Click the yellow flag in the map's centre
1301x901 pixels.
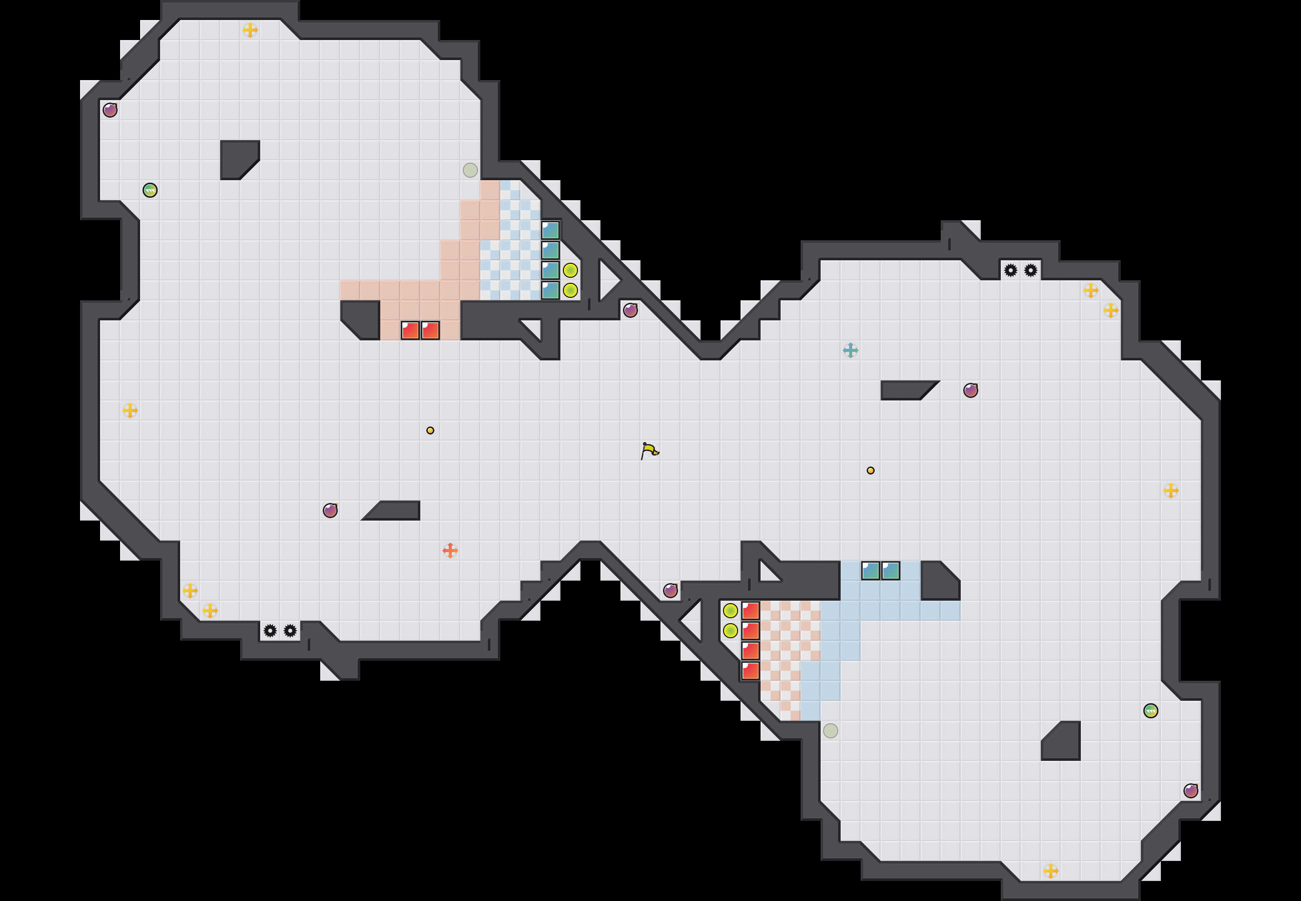pos(649,450)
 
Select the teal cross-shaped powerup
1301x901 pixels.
pos(850,350)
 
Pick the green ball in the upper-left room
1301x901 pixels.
pos(150,190)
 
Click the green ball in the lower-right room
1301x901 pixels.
pos(1150,711)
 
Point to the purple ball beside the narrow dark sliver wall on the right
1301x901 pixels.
pos(970,390)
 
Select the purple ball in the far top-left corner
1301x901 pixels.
pos(110,110)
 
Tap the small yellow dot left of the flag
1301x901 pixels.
pos(430,430)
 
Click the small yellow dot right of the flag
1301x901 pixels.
pos(871,470)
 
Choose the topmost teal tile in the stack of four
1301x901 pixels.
pos(550,230)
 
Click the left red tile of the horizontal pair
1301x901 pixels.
pos(410,330)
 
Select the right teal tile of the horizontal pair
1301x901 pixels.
pos(891,571)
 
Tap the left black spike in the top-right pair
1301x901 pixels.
pos(1010,270)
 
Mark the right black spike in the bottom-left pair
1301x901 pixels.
pos(290,631)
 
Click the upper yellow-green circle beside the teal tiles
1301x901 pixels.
pos(570,270)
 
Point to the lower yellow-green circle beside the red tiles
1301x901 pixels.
pos(730,631)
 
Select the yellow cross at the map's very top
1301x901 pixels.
pos(250,30)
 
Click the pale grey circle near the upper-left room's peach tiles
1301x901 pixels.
pos(470,170)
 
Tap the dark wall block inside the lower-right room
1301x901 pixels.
pos(1063,742)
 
